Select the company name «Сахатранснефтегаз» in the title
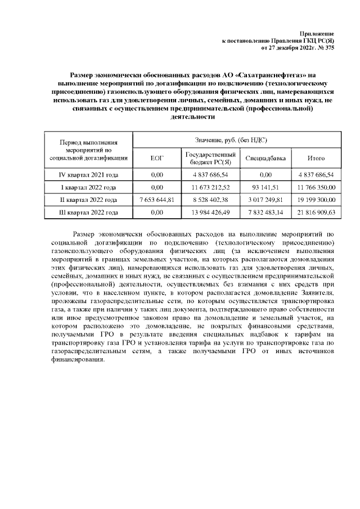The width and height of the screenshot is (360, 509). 269,75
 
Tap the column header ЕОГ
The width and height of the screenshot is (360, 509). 157,159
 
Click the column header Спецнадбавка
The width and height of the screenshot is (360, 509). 266,159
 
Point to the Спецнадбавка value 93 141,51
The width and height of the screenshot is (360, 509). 266,187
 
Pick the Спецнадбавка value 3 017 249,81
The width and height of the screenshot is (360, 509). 266,200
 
